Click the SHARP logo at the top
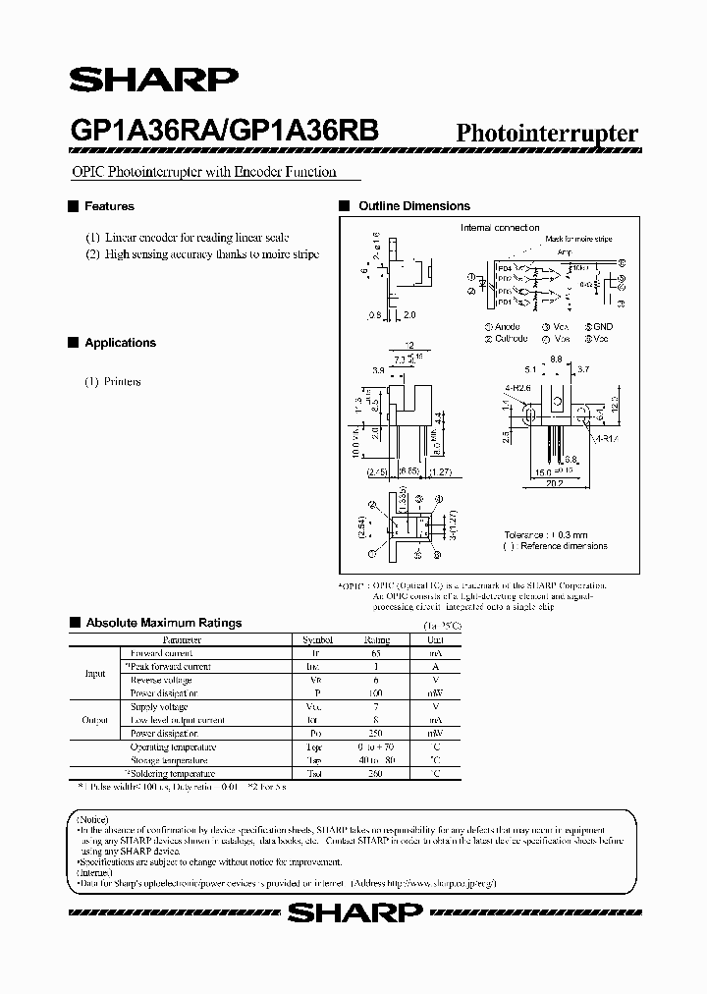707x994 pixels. point(152,80)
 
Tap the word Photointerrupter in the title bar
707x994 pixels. point(548,134)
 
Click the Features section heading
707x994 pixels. point(109,206)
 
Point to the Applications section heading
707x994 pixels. point(120,343)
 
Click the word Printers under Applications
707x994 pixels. point(122,381)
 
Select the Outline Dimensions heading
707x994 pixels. point(413,206)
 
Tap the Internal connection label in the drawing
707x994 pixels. point(500,228)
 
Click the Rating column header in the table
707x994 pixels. point(376,639)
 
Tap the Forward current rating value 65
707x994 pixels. point(376,652)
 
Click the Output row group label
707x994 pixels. point(94,720)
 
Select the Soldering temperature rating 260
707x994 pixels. point(376,774)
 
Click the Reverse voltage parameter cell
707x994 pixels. point(161,680)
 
